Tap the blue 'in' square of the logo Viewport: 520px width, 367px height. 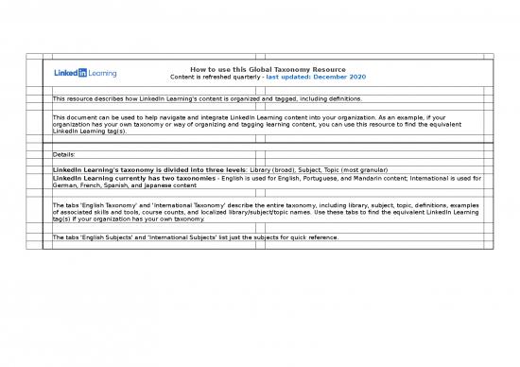tap(81, 73)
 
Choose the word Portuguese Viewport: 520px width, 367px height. tap(324, 178)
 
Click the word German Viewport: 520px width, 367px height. tap(65, 185)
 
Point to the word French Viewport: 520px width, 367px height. tap(93, 185)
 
